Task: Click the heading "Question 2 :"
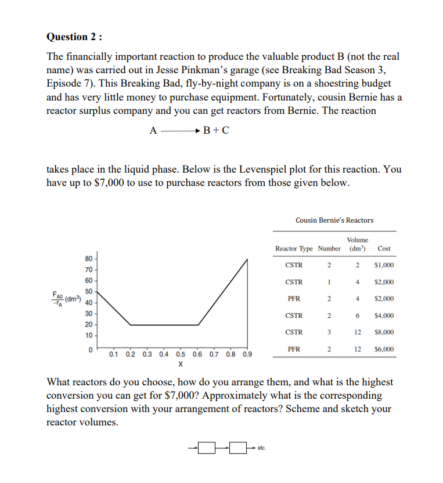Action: tap(74, 37)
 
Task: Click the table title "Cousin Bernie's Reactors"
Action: tap(334, 220)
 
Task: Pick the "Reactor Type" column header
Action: tap(294, 249)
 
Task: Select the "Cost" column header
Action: tap(384, 249)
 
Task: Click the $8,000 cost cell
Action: tap(384, 332)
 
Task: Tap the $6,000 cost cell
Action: tap(384, 349)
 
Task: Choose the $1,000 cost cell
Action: tap(384, 265)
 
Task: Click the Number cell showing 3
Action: tap(329, 332)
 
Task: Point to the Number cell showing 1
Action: tap(329, 282)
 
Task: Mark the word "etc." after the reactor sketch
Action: tap(261, 448)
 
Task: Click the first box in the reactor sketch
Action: tap(207, 448)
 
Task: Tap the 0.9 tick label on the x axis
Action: tap(247, 354)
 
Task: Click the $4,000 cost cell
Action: tap(384, 316)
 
